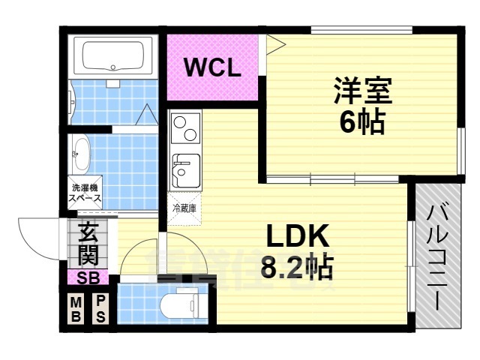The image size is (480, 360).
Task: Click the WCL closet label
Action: tap(213, 69)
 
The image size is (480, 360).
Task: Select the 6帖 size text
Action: tap(361, 121)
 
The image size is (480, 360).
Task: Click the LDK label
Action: tap(298, 237)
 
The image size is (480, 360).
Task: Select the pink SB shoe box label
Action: tap(88, 278)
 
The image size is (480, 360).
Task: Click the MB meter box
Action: tap(76, 309)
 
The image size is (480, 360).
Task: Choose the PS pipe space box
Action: tap(100, 309)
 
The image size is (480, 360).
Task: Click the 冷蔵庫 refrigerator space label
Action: tap(184, 208)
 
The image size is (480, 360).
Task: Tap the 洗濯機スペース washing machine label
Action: tap(85, 193)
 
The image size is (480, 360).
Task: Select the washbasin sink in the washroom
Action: tap(80, 155)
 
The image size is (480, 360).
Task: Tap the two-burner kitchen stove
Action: tap(185, 129)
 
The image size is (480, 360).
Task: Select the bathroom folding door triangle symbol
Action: tap(148, 115)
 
